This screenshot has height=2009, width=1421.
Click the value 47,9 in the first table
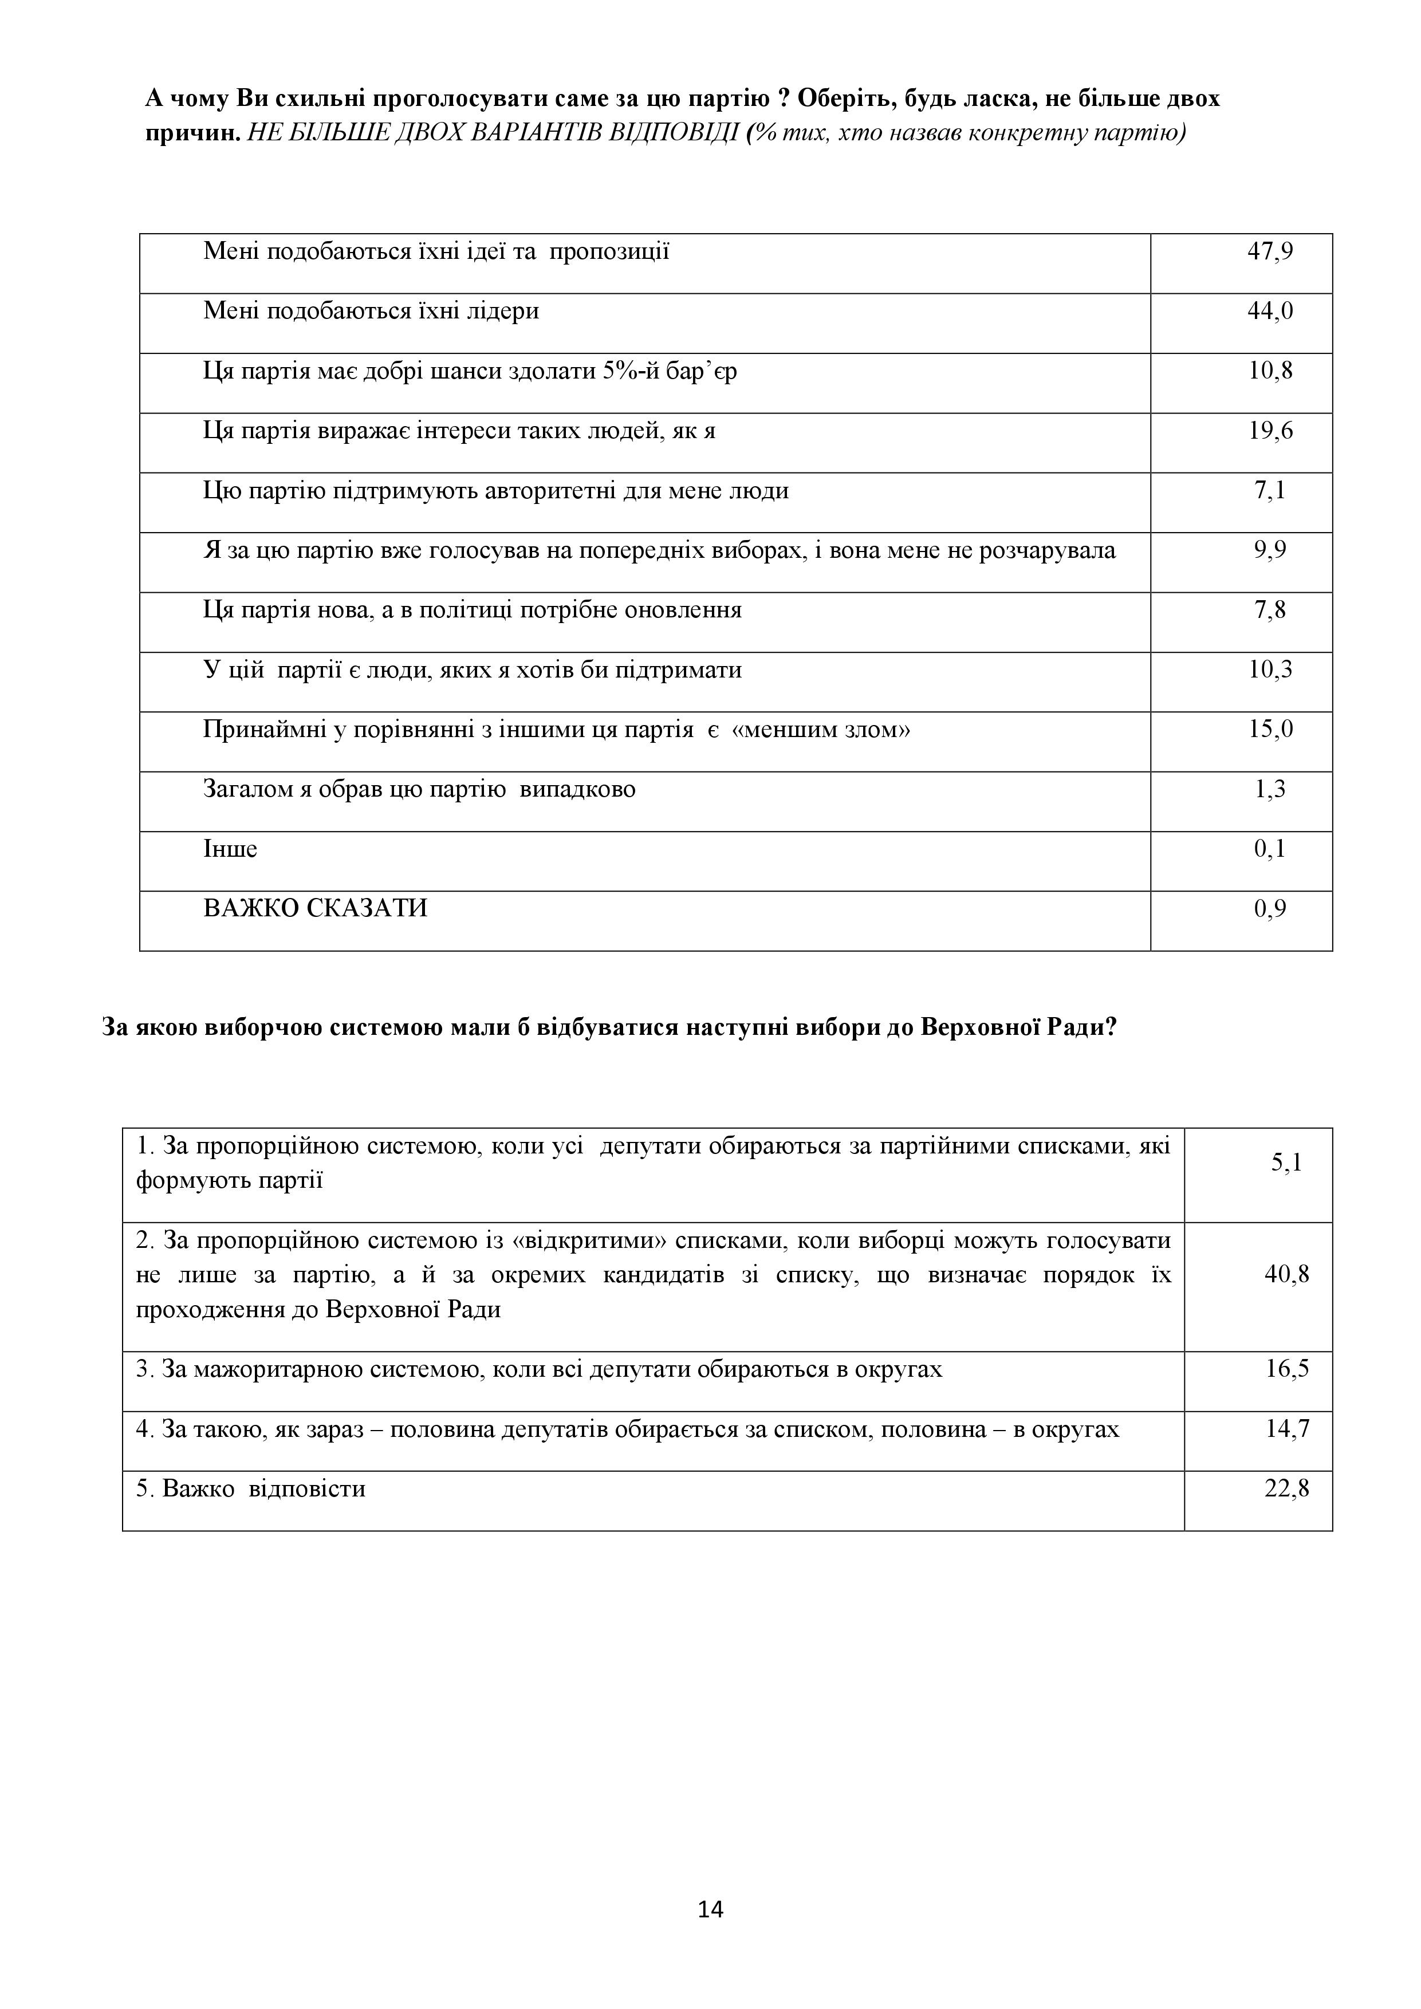point(1270,252)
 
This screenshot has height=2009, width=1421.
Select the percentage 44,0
point(1270,312)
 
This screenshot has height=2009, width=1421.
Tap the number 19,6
point(1270,431)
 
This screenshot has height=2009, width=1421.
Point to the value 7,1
point(1270,491)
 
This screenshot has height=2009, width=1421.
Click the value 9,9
point(1270,550)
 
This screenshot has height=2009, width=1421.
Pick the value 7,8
point(1270,610)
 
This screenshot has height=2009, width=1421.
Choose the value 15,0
point(1270,730)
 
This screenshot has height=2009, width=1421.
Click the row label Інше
point(230,850)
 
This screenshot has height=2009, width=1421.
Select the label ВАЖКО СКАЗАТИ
point(315,909)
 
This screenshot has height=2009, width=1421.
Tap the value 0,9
point(1270,909)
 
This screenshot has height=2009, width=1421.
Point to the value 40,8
point(1286,1274)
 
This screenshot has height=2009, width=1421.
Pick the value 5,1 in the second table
point(1286,1163)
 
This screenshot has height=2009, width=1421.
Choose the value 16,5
point(1286,1369)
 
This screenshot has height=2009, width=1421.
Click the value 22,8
point(1286,1488)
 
